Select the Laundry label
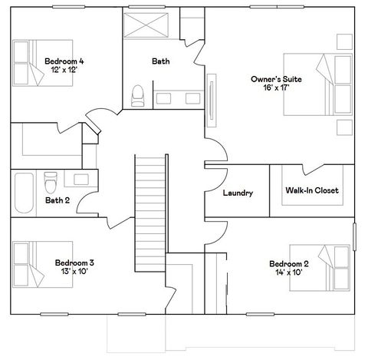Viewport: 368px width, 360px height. (x=238, y=193)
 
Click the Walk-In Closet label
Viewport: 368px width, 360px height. (x=311, y=190)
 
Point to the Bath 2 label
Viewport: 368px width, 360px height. (x=58, y=201)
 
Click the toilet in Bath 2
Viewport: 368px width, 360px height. (x=51, y=184)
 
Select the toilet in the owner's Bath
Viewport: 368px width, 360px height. (x=138, y=95)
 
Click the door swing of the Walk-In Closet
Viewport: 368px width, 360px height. (x=311, y=170)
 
